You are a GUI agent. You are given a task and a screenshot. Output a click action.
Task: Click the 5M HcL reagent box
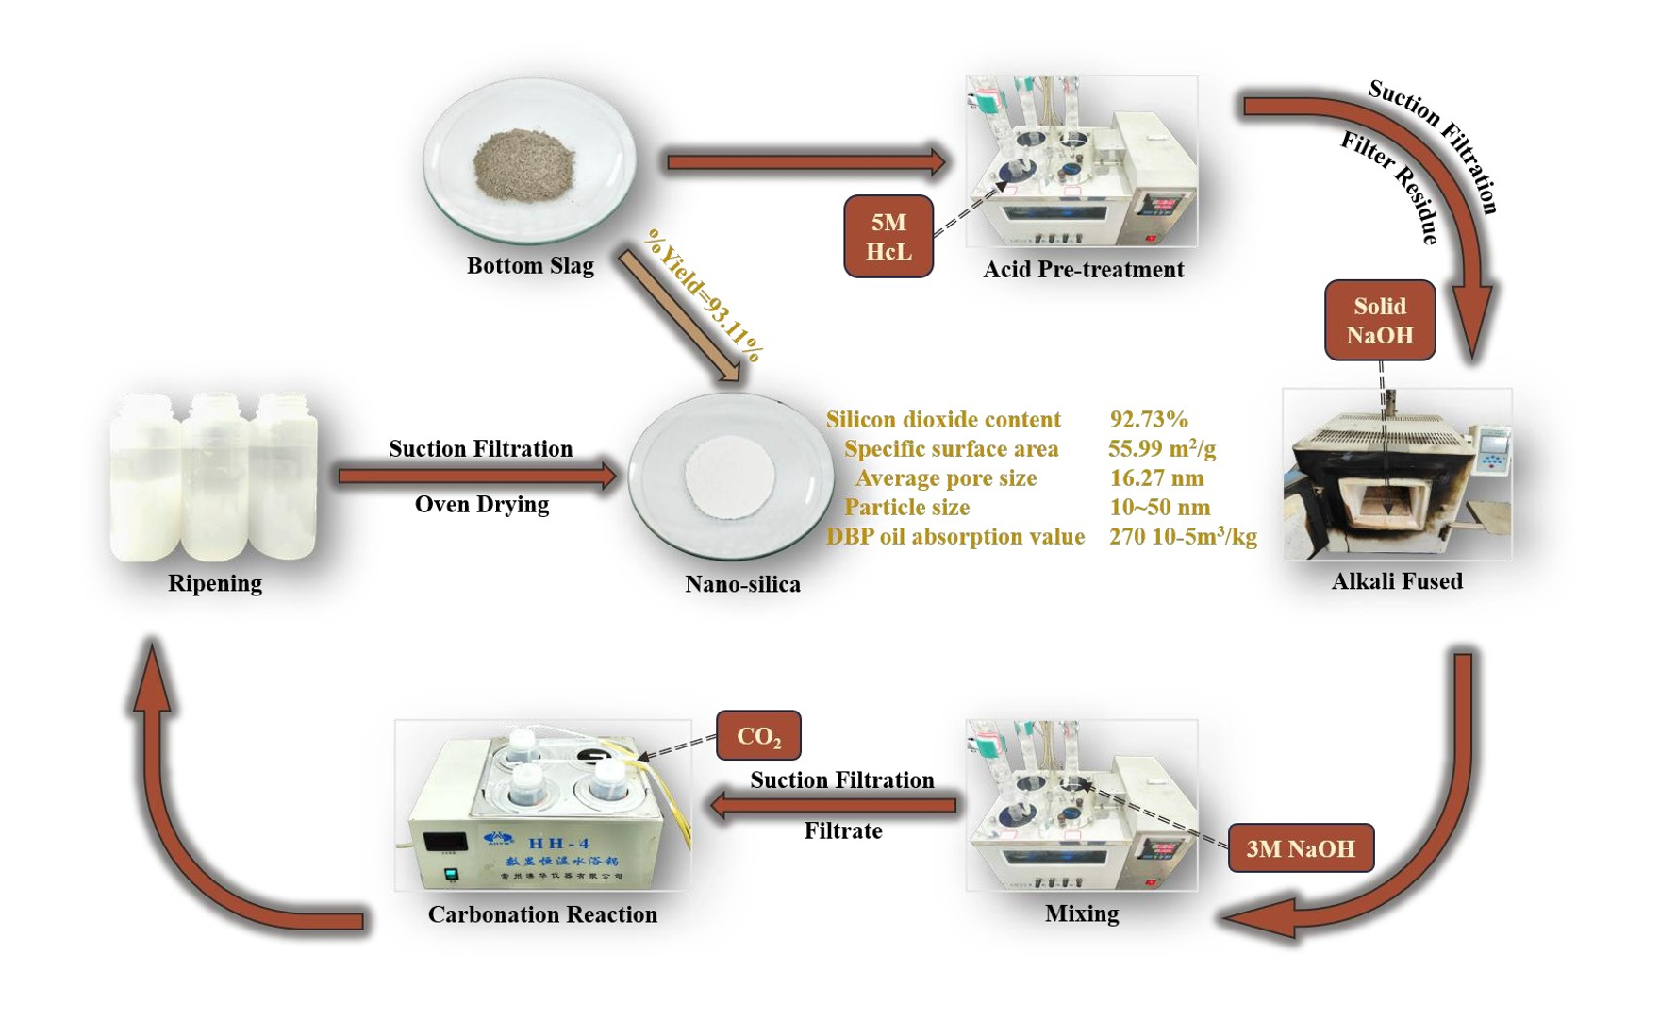(888, 237)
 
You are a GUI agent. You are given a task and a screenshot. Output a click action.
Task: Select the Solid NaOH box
(1379, 321)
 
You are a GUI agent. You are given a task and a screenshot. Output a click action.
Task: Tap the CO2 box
(758, 736)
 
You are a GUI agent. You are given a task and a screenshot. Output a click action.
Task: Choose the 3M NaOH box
(1300, 848)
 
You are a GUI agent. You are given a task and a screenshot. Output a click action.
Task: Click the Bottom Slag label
(530, 266)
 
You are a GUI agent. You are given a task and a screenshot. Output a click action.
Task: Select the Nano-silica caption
(742, 584)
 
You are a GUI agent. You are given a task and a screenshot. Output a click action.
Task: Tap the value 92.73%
(1148, 420)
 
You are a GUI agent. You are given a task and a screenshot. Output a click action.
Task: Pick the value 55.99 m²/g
(1161, 449)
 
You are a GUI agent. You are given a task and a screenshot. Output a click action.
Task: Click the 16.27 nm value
(1156, 478)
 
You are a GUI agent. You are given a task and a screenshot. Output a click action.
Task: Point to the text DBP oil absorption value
(954, 537)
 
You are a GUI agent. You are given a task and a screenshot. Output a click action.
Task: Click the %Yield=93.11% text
(704, 294)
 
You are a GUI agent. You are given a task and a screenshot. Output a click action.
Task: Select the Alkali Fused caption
(1396, 581)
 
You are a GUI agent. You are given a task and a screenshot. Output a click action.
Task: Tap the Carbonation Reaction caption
(542, 914)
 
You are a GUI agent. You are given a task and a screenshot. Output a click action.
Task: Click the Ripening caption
(215, 583)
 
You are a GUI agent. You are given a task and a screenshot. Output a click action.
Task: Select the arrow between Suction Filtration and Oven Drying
(476, 476)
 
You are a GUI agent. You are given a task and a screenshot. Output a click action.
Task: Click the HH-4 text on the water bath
(558, 843)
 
